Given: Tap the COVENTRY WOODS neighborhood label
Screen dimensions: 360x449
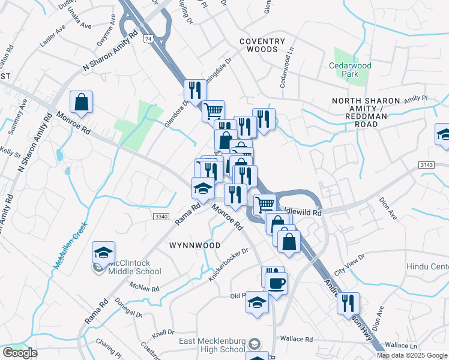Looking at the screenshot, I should coord(262,45).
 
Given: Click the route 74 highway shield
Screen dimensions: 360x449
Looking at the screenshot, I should coord(147,38).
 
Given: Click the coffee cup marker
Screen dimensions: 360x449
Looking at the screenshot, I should coord(276,283).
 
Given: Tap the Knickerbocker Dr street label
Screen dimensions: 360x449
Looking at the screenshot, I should coord(228,265).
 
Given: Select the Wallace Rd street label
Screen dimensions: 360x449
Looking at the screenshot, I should coord(300,340).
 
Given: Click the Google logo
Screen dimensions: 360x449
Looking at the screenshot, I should coord(20,353).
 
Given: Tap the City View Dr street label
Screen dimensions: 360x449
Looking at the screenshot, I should coord(349,264).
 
